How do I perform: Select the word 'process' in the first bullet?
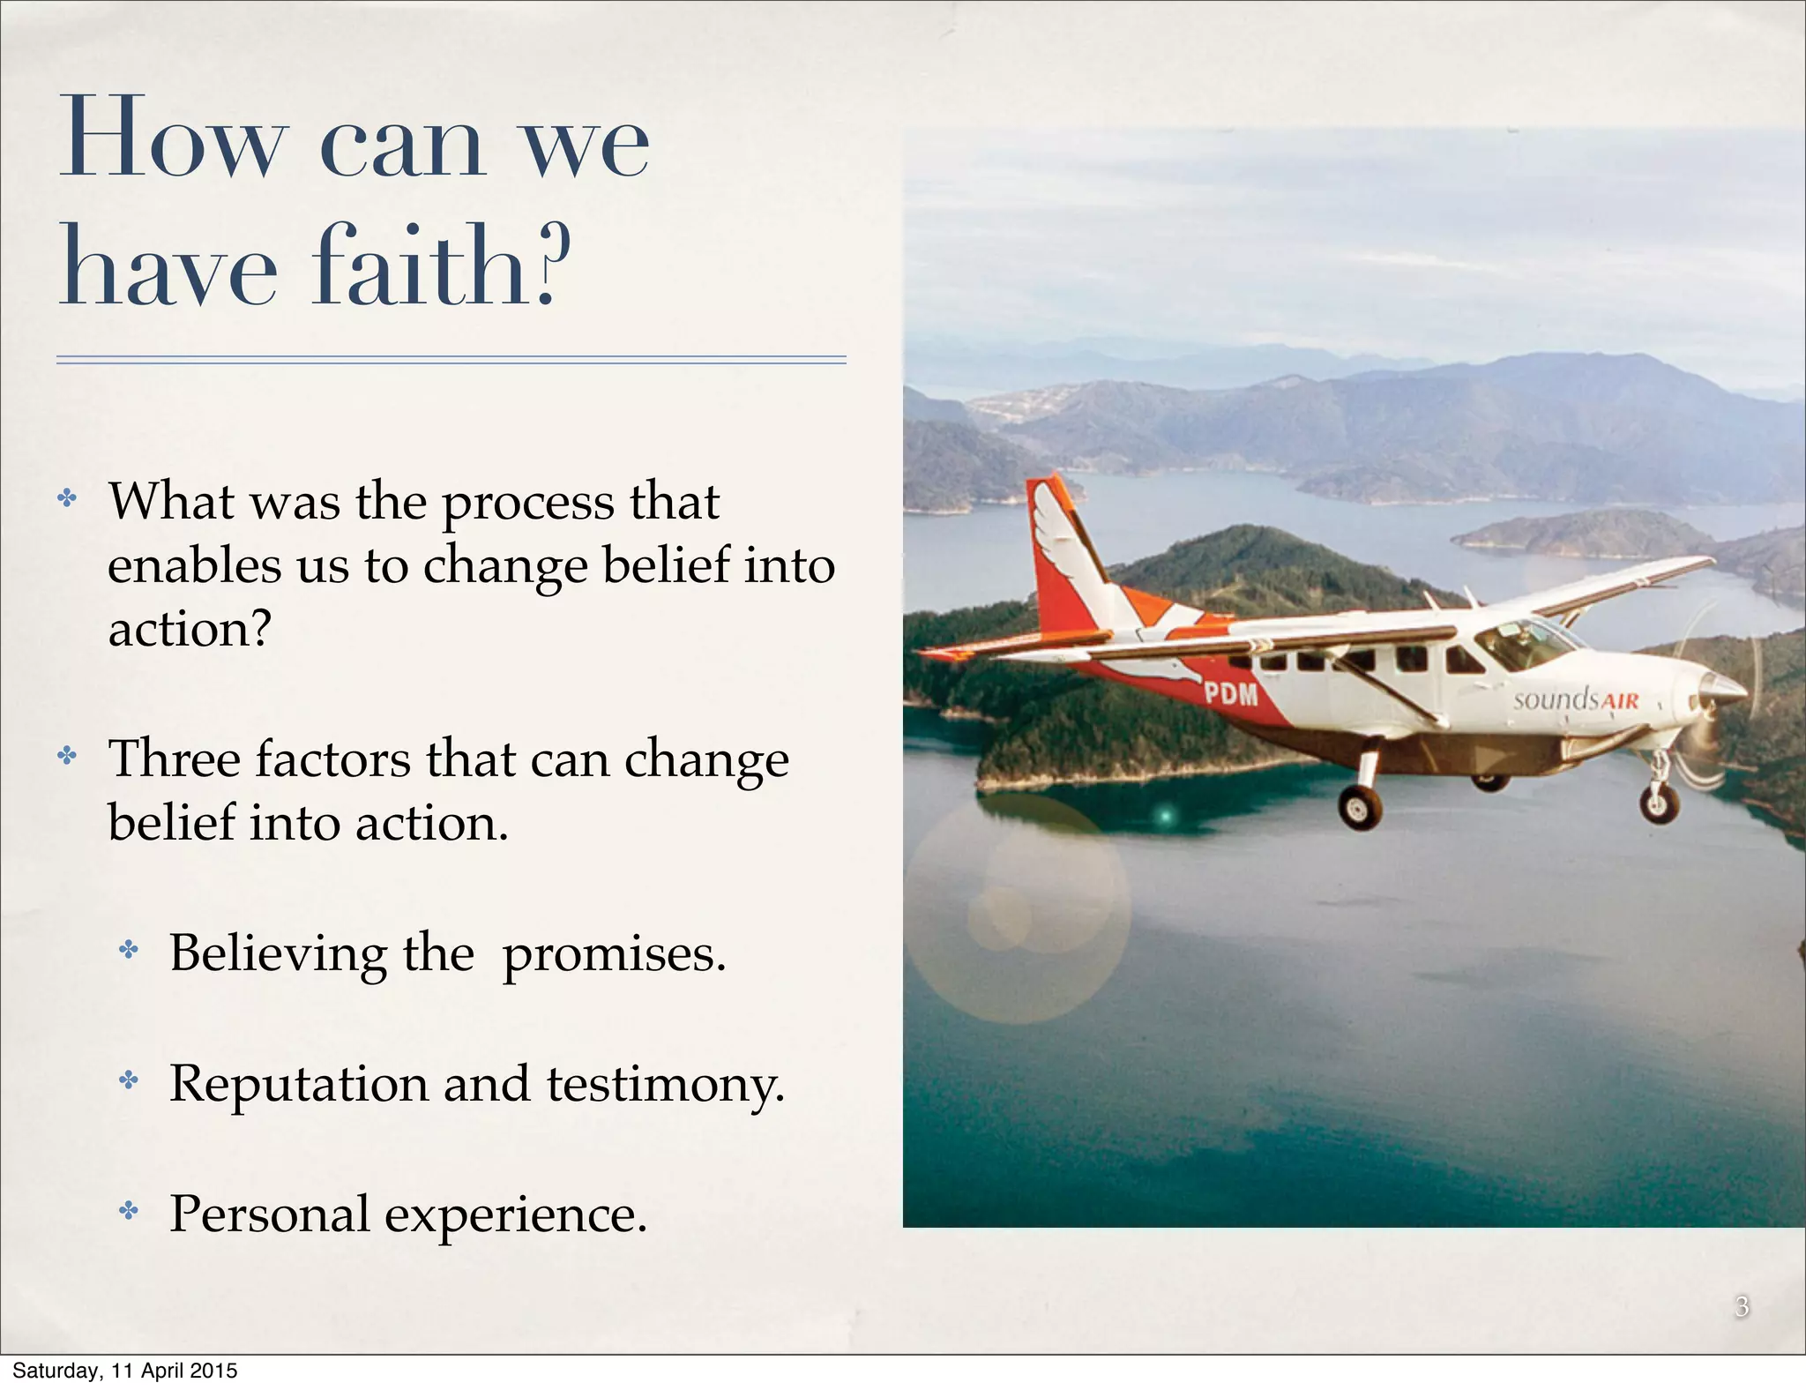[527, 503]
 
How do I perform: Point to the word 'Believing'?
[278, 954]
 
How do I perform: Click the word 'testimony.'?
[665, 1085]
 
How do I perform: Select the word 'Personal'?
[269, 1214]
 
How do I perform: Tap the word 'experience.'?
[516, 1215]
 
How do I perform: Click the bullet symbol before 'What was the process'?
[67, 499]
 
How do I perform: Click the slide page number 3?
[1742, 1306]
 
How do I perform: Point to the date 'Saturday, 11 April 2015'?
[124, 1371]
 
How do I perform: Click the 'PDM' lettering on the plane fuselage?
[1231, 694]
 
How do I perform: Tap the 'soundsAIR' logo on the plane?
[1575, 700]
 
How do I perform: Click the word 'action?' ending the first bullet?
[189, 630]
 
